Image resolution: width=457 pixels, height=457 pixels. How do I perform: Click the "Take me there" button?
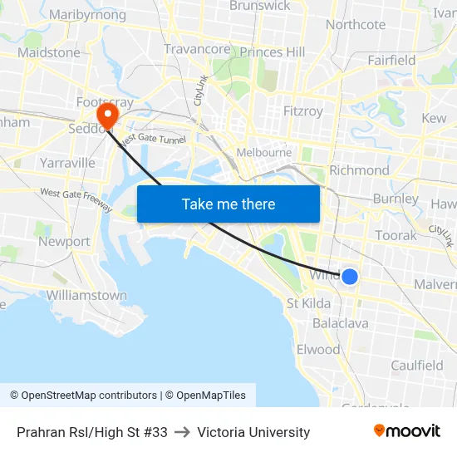[x=228, y=204]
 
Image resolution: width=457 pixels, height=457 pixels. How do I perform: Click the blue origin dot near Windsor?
[x=350, y=276]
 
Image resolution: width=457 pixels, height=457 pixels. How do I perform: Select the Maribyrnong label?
[x=87, y=15]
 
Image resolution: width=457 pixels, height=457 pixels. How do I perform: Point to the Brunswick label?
[x=259, y=6]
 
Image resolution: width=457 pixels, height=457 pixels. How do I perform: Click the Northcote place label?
[x=356, y=25]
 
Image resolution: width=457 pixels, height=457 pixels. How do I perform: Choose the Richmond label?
[x=359, y=170]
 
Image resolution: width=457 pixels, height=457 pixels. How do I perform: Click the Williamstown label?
[x=86, y=296]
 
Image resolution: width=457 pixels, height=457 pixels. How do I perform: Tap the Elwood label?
[x=318, y=349]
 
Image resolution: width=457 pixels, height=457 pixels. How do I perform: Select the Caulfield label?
[x=417, y=366]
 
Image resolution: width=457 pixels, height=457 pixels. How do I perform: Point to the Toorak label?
[x=396, y=236]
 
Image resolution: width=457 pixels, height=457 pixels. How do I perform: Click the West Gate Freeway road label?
[x=76, y=199]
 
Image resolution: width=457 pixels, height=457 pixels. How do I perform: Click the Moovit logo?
[x=407, y=431]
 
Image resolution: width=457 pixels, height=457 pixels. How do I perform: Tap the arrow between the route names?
[x=183, y=432]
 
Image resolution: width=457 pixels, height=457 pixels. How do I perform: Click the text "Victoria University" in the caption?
[x=253, y=432]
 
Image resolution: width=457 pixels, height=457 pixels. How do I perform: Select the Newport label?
[x=64, y=242]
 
